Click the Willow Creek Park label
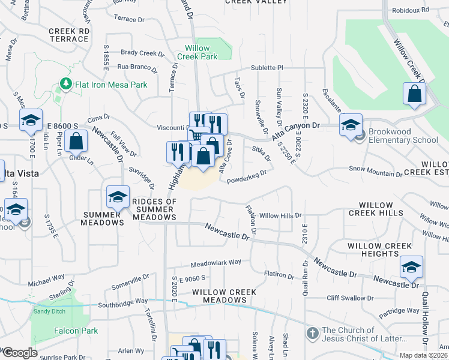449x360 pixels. coord(197,52)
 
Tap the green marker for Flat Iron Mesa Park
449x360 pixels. coord(65,85)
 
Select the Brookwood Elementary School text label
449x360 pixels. coord(403,136)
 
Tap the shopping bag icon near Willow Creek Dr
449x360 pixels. coord(414,94)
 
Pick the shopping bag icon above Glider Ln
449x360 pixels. coord(76,143)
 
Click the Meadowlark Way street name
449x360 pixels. coord(215,263)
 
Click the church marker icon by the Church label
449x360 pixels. coord(312,332)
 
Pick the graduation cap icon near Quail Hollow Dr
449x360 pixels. coord(411,267)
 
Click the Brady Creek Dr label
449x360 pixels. coord(139,53)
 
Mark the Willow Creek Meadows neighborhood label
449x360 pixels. coord(224,296)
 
